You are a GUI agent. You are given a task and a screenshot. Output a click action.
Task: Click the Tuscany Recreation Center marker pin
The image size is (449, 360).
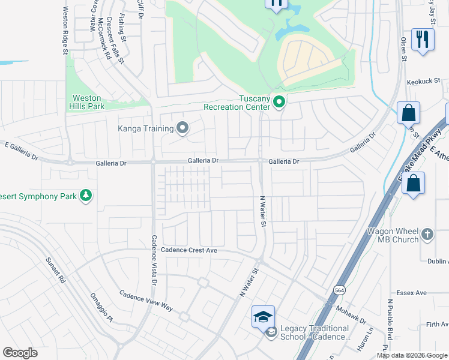[x=279, y=103]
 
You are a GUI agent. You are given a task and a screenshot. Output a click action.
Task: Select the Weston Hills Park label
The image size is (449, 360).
[x=88, y=102]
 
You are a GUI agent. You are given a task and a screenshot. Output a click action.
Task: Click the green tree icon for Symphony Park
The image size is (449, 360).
[x=86, y=196]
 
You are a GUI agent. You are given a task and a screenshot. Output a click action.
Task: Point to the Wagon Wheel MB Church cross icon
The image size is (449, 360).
[x=427, y=234]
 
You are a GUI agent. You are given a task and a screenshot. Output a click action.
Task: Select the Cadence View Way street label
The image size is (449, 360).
[x=146, y=300]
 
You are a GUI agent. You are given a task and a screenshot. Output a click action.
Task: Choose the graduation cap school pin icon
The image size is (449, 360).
[x=263, y=316]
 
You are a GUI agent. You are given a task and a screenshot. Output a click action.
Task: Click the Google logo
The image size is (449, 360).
[x=20, y=353]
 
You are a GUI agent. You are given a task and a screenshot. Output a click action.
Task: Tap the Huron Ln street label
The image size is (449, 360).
[x=361, y=342]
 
